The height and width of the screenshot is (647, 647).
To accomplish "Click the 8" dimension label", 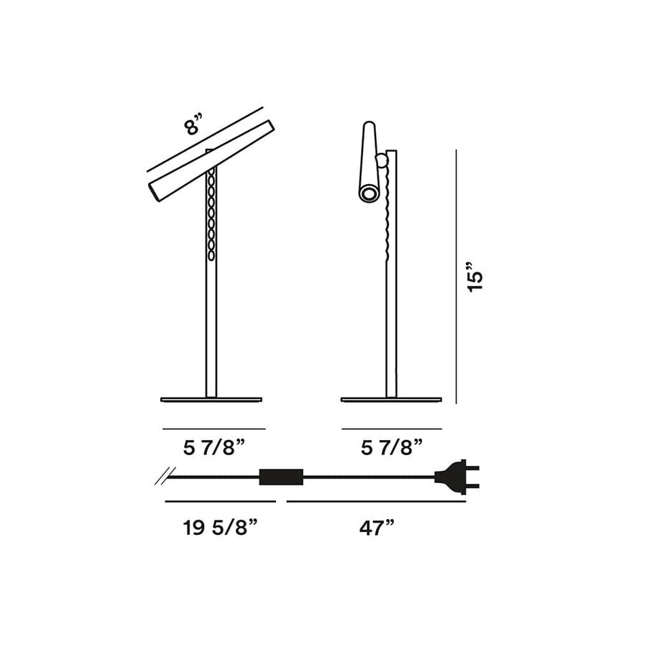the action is [194, 125].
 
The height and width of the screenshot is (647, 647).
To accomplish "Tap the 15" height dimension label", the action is [475, 277].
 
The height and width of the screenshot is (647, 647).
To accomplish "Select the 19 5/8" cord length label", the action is [221, 528].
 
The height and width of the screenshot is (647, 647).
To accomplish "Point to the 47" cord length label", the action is [377, 528].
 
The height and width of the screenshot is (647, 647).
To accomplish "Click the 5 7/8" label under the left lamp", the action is [214, 447].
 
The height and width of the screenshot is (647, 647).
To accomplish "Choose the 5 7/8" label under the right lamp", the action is [392, 447].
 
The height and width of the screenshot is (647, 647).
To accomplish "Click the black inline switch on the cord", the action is [281, 477].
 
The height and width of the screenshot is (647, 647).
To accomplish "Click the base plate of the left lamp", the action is [211, 400].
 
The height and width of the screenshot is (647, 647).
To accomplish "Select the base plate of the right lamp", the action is [392, 400].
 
